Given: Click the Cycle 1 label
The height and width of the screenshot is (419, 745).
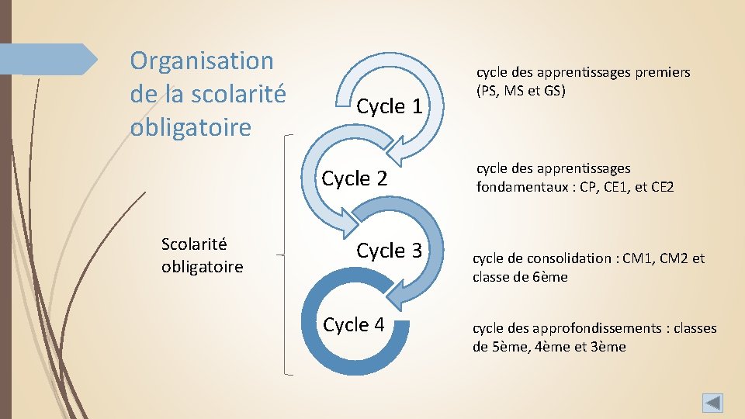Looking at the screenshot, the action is pyautogui.click(x=390, y=106).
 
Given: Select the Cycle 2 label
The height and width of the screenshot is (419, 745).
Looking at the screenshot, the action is pyautogui.click(x=355, y=178).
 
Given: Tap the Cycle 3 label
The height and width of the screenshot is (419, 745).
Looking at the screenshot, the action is pyautogui.click(x=390, y=251).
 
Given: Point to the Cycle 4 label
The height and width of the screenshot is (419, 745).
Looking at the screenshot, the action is pyautogui.click(x=354, y=324).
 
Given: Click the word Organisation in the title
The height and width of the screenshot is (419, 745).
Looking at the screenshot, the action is pyautogui.click(x=202, y=60).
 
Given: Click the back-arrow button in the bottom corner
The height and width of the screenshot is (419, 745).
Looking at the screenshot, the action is pyautogui.click(x=712, y=403).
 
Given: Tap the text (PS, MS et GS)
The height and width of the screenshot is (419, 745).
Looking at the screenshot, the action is pyautogui.click(x=521, y=90).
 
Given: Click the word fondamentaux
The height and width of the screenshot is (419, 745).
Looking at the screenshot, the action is pyautogui.click(x=516, y=186).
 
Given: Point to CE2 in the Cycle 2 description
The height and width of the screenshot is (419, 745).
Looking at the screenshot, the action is pyautogui.click(x=662, y=186).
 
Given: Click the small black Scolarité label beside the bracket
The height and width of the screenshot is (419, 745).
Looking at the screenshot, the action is pyautogui.click(x=194, y=244).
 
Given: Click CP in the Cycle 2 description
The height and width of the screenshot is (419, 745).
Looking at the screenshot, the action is pyautogui.click(x=590, y=186).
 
